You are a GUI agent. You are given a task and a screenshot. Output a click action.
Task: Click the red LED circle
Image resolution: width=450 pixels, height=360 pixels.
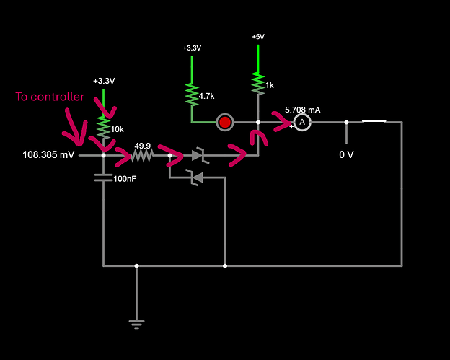click(x=225, y=122)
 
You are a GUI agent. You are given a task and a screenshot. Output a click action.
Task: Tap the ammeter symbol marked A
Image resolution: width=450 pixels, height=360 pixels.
click(x=303, y=123)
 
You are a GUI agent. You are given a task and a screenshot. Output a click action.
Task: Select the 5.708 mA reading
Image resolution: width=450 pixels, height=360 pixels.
click(x=302, y=110)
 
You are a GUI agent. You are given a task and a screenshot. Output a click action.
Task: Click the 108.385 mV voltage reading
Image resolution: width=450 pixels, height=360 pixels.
click(x=48, y=155)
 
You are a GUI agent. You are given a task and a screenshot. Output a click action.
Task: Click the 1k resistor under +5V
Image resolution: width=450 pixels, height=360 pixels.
click(x=257, y=83)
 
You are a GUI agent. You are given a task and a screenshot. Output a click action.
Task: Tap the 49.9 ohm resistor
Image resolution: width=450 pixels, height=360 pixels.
click(x=144, y=155)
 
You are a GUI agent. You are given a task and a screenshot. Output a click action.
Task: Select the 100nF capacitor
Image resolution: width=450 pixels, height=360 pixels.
click(x=104, y=177)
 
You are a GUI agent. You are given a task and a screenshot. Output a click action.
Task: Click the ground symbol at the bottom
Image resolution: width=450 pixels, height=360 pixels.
click(x=136, y=322)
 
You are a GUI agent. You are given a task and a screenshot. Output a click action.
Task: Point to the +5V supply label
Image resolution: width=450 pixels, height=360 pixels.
click(x=257, y=37)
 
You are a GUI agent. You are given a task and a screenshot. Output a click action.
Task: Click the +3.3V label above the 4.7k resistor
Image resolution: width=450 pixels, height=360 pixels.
click(x=192, y=48)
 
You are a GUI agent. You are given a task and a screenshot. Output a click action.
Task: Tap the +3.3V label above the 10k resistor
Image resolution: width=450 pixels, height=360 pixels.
click(x=104, y=81)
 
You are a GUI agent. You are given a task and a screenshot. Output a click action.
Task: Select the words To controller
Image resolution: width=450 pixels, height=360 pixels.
click(x=50, y=97)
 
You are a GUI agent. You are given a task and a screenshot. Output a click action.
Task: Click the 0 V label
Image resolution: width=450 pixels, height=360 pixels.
click(x=347, y=154)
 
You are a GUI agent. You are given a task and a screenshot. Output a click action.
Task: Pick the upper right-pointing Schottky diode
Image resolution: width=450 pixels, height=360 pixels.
click(x=197, y=155)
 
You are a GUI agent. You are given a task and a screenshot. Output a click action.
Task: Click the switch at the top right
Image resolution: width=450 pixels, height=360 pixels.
click(x=374, y=122)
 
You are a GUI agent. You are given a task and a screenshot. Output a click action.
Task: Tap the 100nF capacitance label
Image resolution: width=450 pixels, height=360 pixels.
click(x=125, y=177)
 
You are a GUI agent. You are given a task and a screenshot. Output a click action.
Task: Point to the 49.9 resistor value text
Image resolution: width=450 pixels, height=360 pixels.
click(x=143, y=144)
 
